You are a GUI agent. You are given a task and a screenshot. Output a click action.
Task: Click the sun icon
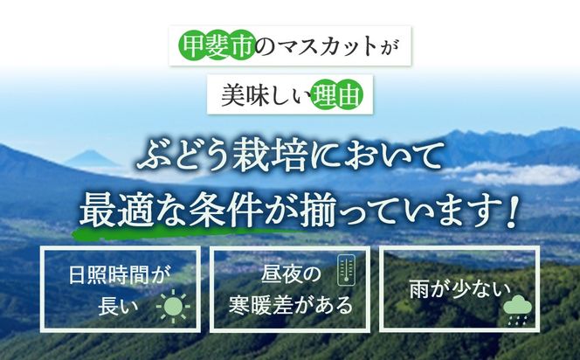pos(172,307)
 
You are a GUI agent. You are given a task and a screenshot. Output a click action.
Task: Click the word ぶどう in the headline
pos(178,160)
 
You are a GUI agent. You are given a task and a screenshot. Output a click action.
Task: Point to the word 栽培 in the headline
pos(275,160)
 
